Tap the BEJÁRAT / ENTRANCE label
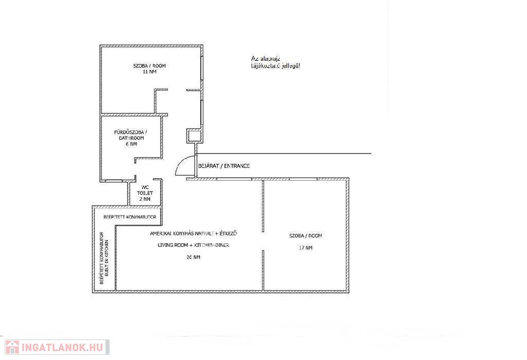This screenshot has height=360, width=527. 224,166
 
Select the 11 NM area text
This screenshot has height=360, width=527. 150,72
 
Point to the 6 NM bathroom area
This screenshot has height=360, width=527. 131,144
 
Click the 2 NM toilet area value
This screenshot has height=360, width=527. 145,199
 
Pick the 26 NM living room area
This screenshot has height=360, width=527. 194,257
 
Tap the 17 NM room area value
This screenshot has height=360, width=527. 306,248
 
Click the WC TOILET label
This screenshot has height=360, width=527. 145,190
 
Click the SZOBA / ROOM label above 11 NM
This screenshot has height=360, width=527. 150,65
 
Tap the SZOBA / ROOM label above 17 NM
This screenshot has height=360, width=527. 306,236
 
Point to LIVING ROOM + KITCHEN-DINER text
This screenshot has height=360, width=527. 194,245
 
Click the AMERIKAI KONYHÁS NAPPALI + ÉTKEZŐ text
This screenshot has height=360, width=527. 194,233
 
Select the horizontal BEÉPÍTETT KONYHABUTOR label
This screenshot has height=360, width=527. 130,217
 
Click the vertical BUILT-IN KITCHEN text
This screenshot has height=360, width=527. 107,258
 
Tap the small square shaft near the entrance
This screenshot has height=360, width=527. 194,136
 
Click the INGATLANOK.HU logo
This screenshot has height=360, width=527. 57,347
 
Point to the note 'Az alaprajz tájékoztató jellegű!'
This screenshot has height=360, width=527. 276,62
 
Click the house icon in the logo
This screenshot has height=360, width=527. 12,347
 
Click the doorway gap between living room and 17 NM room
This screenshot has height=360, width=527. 263,241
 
